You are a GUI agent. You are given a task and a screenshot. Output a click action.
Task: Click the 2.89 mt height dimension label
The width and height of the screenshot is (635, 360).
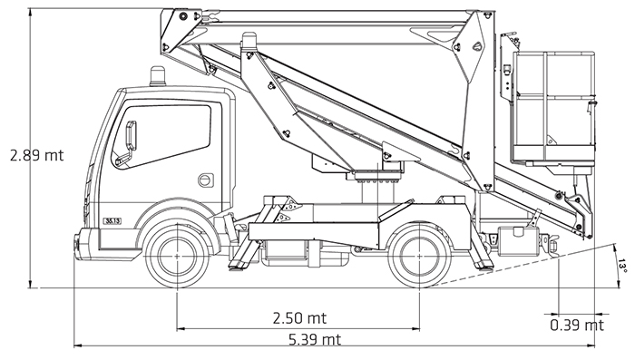pyautogui.click(x=37, y=155)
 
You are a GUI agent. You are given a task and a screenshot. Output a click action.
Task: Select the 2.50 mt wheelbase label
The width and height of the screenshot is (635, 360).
pyautogui.click(x=299, y=318)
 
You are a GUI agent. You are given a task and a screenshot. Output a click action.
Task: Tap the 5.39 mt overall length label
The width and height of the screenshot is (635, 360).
pyautogui.click(x=315, y=339)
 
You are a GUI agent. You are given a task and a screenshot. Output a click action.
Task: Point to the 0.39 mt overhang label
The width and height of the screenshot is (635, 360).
pyautogui.click(x=577, y=325)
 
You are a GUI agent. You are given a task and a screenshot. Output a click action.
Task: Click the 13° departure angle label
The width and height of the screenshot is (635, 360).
pyautogui.click(x=623, y=265)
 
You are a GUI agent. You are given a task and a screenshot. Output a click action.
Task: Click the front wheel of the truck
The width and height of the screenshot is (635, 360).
pyautogui.click(x=177, y=257)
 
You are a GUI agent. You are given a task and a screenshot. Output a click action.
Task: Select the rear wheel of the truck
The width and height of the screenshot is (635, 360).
pyautogui.click(x=419, y=257)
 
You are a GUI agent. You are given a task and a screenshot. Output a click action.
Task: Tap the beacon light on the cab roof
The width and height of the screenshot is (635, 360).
pyautogui.click(x=158, y=76)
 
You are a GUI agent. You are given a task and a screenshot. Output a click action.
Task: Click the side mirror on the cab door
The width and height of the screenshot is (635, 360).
pyautogui.click(x=131, y=136)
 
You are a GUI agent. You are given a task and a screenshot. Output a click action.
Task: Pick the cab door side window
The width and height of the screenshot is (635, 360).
pyautogui.click(x=162, y=136)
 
